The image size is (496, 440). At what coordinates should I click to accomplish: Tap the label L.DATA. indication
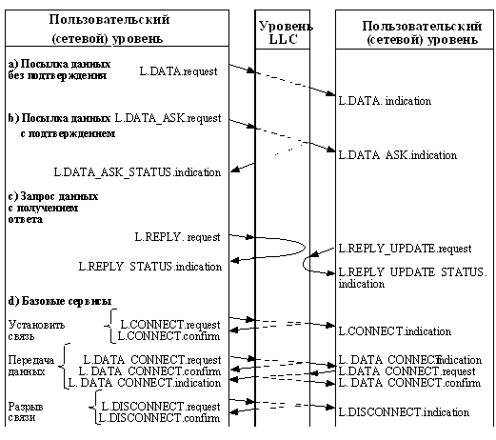(384, 100)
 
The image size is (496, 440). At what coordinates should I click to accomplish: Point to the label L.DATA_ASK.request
(168, 118)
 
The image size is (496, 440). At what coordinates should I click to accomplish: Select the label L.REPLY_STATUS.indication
(149, 267)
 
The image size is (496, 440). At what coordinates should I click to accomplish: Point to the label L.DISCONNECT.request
(161, 406)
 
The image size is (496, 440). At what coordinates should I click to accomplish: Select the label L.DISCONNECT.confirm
(160, 418)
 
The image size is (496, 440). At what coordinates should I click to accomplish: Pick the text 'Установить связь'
(30, 329)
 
